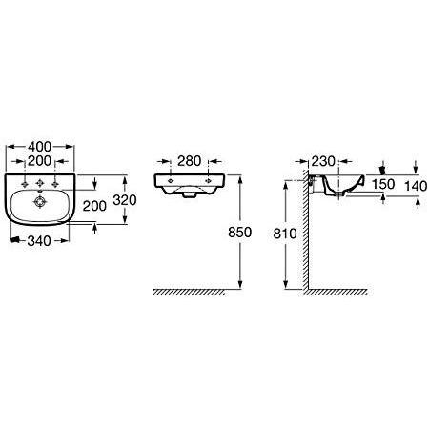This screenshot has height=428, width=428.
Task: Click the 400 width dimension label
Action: pyautogui.click(x=39, y=147)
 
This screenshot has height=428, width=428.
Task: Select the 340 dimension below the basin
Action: pyautogui.click(x=39, y=241)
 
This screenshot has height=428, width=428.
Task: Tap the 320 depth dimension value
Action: pyautogui.click(x=125, y=200)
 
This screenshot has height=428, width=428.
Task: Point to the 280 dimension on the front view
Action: pyautogui.click(x=189, y=161)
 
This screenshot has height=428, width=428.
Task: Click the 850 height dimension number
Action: pyautogui.click(x=240, y=233)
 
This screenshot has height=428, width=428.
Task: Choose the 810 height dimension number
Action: pyautogui.click(x=285, y=234)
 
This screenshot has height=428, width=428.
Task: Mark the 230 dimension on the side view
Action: pyautogui.click(x=323, y=161)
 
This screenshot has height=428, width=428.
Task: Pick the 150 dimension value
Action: pyautogui.click(x=383, y=184)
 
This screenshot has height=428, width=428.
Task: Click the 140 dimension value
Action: pyautogui.click(x=416, y=186)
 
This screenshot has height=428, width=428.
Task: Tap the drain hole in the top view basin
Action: pyautogui.click(x=40, y=202)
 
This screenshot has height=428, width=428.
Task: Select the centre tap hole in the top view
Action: pyautogui.click(x=40, y=183)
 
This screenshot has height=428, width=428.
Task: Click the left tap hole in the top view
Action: pyautogui.click(x=25, y=184)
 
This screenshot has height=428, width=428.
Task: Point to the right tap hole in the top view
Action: pyautogui.click(x=55, y=184)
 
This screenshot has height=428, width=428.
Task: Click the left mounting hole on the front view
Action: pyautogui.click(x=171, y=181)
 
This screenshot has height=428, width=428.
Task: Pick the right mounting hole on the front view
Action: pyautogui.click(x=209, y=181)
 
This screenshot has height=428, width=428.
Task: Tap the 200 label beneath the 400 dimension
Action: pyautogui.click(x=39, y=161)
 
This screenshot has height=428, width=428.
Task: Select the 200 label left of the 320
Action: pyautogui.click(x=94, y=206)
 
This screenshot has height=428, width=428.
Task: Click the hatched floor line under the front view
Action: pyautogui.click(x=190, y=292)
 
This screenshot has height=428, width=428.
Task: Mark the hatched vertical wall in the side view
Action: pyautogui.click(x=305, y=232)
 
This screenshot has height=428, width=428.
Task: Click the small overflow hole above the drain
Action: pyautogui.click(x=40, y=192)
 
